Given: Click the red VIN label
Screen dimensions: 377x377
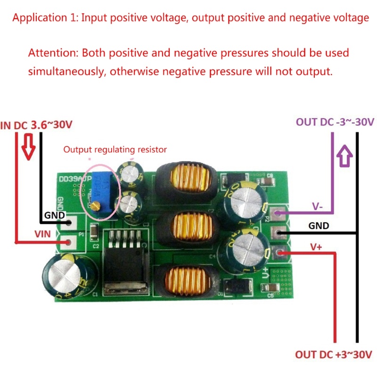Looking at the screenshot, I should tap(46, 233).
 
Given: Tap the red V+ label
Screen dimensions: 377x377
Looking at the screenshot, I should tap(317, 246).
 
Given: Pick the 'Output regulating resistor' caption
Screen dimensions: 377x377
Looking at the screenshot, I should tap(115, 150).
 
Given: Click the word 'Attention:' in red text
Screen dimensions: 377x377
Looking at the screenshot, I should tap(53, 53).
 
